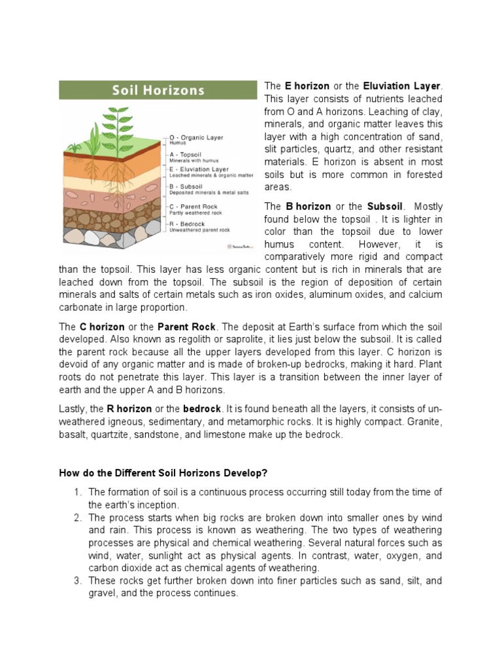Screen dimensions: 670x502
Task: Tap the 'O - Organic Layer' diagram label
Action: coord(197,137)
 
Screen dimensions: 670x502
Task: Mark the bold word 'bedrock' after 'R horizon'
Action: coord(202,409)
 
